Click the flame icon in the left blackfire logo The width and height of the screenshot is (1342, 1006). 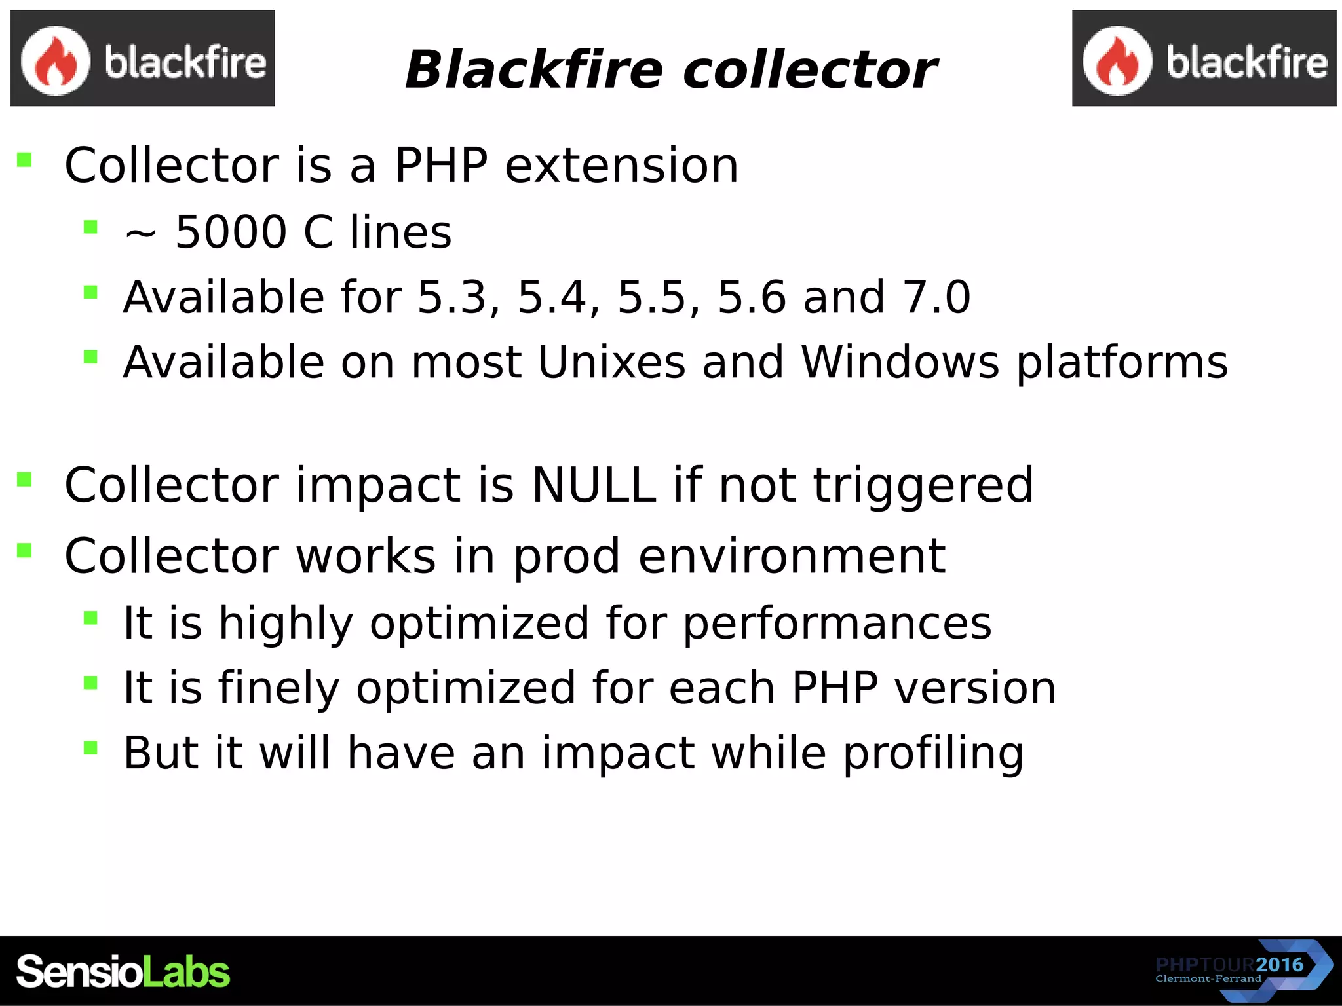pyautogui.click(x=55, y=61)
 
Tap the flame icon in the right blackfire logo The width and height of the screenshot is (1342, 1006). pyautogui.click(x=1117, y=61)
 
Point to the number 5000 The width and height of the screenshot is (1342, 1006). pyautogui.click(x=231, y=232)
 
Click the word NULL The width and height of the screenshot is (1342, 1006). pyautogui.click(x=594, y=485)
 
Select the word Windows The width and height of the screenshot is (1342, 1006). pyautogui.click(x=900, y=362)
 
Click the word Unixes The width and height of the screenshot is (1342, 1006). pyautogui.click(x=611, y=362)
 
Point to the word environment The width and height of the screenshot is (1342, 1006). pyautogui.click(x=792, y=556)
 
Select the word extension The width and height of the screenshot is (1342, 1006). pyautogui.click(x=621, y=165)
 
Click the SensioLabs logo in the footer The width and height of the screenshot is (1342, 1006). pyautogui.click(x=123, y=971)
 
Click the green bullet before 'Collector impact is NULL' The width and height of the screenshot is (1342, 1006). pyautogui.click(x=25, y=480)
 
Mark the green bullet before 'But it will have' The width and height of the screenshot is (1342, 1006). pyautogui.click(x=90, y=748)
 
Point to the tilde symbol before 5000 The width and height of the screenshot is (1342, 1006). pyautogui.click(x=140, y=234)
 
